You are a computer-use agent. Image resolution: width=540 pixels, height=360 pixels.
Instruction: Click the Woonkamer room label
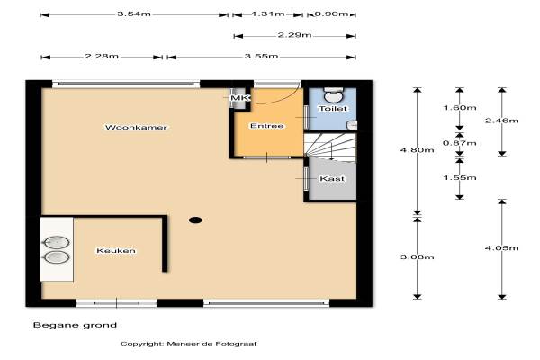[x=136, y=128]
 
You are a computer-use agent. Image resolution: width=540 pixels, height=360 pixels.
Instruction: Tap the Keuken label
[x=116, y=251]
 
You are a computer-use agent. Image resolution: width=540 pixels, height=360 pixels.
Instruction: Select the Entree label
[x=267, y=126]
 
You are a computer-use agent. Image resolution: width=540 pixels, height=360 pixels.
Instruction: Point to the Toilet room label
[x=333, y=109]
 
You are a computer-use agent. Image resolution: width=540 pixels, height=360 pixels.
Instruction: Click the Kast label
[x=332, y=179]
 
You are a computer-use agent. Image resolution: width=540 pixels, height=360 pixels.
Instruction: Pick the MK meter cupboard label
[x=240, y=98]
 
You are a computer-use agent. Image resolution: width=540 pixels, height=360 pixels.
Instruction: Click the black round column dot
[x=195, y=220]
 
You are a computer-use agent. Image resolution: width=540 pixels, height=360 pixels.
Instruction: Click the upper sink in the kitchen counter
[x=56, y=242]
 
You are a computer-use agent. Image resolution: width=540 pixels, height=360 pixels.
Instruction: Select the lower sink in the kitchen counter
[x=56, y=257]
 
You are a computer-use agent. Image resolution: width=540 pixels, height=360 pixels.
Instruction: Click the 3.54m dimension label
[x=134, y=14]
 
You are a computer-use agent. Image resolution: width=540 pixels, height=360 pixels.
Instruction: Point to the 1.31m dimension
[x=268, y=14]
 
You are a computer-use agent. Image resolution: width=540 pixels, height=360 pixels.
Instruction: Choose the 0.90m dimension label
[x=331, y=14]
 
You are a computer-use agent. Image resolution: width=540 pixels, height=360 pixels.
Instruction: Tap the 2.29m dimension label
[x=294, y=35]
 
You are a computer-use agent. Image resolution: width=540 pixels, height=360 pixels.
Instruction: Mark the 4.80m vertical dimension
[x=417, y=150]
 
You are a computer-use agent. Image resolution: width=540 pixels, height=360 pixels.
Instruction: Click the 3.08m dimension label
[x=417, y=257]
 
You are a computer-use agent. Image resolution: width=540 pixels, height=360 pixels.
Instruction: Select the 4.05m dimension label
[x=502, y=248]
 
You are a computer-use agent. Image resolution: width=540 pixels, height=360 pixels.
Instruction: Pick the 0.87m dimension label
[x=460, y=143]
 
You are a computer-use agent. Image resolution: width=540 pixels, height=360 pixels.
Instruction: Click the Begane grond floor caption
[x=75, y=325]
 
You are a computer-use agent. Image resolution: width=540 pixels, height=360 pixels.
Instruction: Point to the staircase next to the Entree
[x=330, y=148]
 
